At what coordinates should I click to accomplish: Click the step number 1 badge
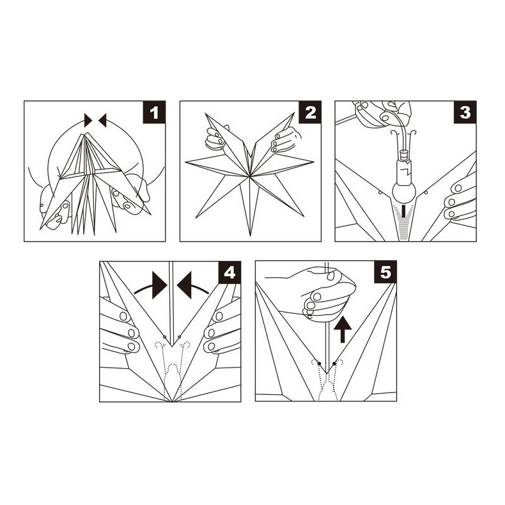[x=154, y=113]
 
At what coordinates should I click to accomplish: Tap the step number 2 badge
[x=310, y=113]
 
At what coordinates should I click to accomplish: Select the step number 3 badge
[x=465, y=113]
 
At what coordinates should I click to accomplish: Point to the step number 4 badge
[x=229, y=273]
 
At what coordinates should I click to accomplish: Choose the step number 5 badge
[x=385, y=273]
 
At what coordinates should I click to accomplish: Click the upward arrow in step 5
[x=343, y=329]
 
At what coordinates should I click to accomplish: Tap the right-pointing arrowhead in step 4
[x=160, y=285]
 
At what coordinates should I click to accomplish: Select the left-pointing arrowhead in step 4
[x=185, y=285]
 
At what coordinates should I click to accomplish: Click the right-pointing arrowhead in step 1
[x=88, y=120]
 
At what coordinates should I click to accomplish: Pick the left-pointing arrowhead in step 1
[x=102, y=120]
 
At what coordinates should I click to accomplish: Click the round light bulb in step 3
[x=404, y=192]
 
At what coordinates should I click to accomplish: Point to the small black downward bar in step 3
[x=403, y=212]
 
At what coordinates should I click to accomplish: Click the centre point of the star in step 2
[x=250, y=176]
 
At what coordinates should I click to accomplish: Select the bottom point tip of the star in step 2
[x=250, y=236]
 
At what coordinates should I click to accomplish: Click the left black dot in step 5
[x=319, y=363]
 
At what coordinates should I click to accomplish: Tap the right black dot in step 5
[x=334, y=363]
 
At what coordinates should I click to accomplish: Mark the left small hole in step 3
[x=380, y=192]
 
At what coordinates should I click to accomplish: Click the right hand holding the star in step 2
[x=284, y=139]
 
